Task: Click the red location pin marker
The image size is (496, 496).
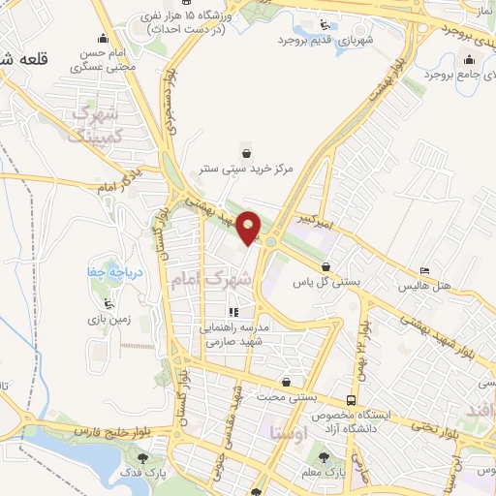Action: click(249, 227)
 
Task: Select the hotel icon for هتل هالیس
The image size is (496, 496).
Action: click(425, 271)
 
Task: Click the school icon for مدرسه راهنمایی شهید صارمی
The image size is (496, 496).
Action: click(232, 312)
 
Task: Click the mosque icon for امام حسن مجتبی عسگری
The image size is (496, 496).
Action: click(75, 68)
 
